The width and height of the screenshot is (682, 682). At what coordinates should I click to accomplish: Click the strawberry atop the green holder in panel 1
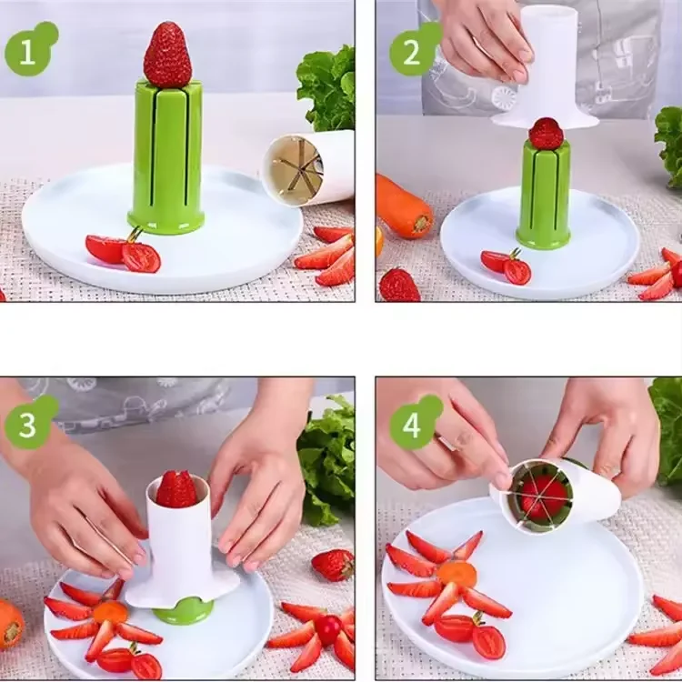(x=167, y=55)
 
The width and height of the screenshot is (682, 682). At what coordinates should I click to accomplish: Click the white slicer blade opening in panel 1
(x=297, y=169)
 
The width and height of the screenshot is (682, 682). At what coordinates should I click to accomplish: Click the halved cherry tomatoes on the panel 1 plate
(x=124, y=252)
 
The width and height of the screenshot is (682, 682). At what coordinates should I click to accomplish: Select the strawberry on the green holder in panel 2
(x=546, y=134)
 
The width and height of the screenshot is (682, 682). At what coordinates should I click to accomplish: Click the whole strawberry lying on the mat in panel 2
(x=400, y=285)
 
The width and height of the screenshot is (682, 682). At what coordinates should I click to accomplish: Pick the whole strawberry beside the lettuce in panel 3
(x=333, y=565)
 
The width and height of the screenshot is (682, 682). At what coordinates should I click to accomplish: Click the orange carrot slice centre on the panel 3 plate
(x=110, y=611)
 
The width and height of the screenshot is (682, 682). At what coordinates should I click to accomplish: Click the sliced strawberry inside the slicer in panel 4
(x=544, y=496)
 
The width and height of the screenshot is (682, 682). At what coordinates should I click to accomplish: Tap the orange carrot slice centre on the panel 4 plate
(x=457, y=574)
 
